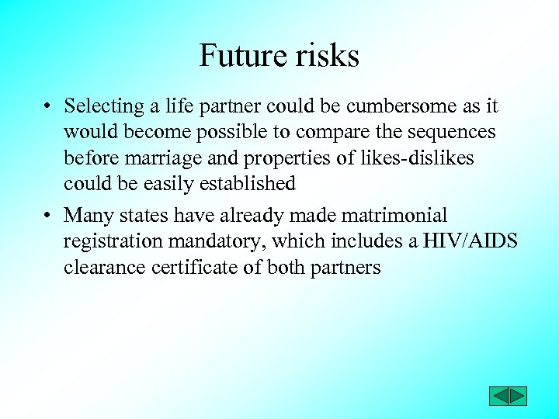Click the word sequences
pyautogui.click(x=448, y=132)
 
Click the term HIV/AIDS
pyautogui.click(x=470, y=241)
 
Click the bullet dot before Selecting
pyautogui.click(x=47, y=106)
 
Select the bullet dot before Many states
pyautogui.click(x=47, y=215)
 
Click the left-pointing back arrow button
pyautogui.click(x=498, y=396)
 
